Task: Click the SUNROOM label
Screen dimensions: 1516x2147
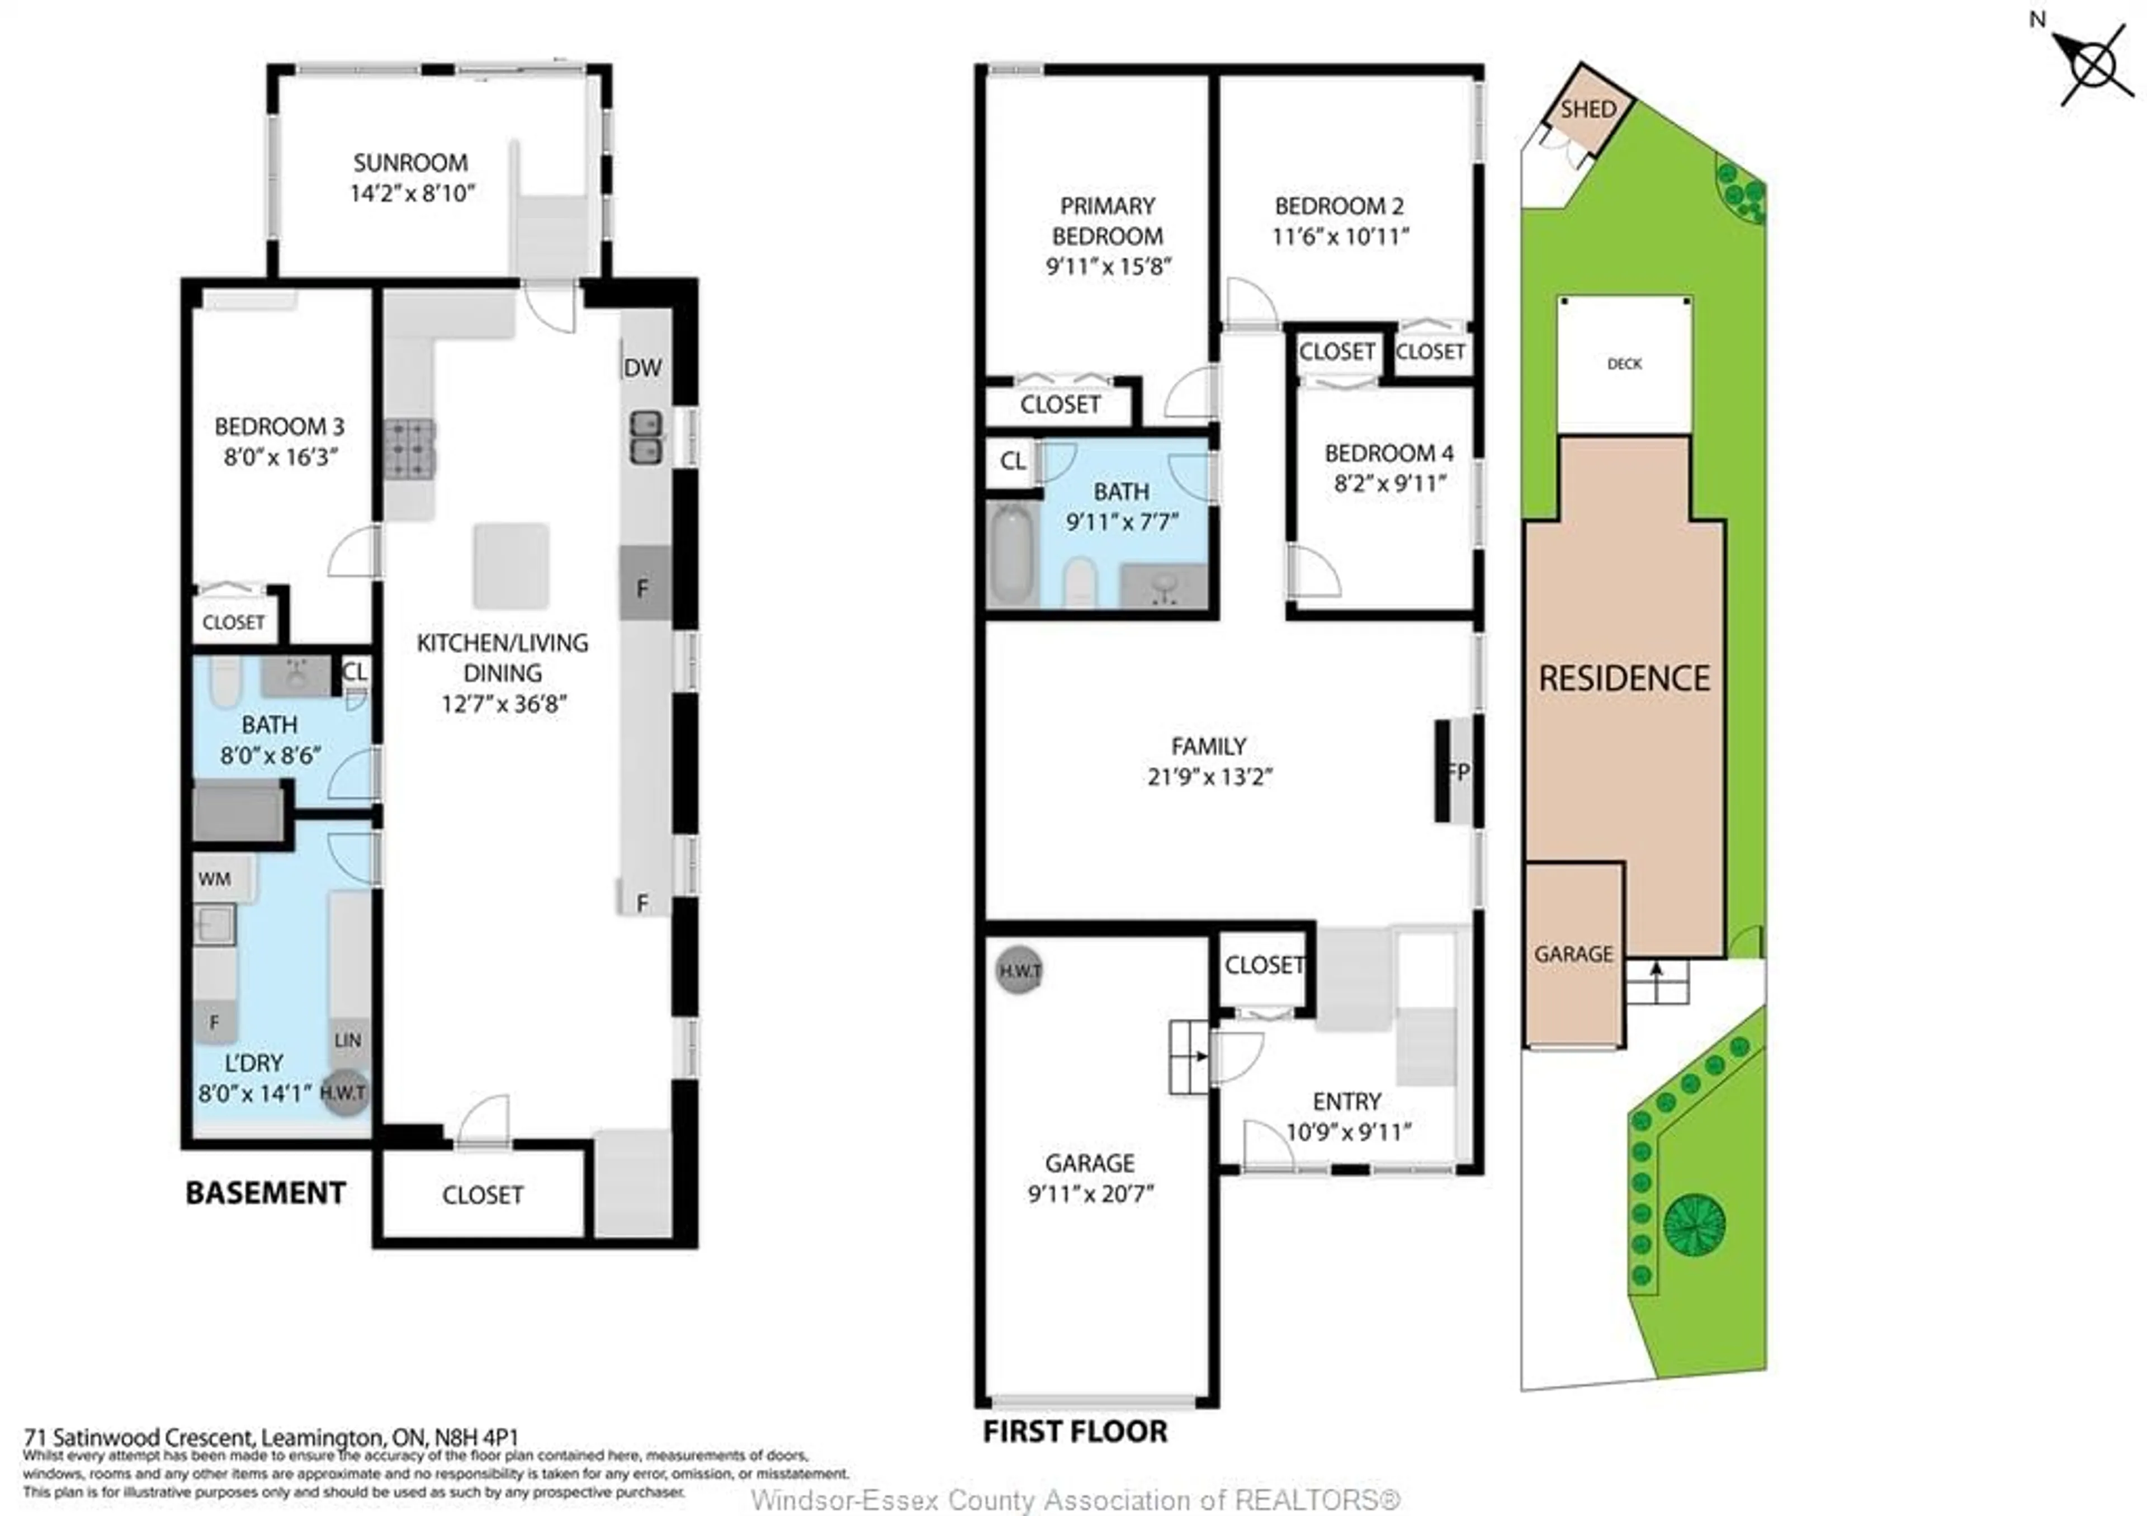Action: click(x=410, y=163)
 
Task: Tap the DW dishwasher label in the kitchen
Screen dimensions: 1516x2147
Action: click(x=642, y=367)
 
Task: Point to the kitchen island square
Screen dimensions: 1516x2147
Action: click(x=510, y=566)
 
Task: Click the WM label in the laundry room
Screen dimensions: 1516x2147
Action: click(x=214, y=879)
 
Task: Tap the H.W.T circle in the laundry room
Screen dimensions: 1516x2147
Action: click(x=344, y=1092)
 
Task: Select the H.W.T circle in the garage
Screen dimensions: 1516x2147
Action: click(x=1019, y=971)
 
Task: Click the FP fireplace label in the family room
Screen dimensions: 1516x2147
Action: click(x=1457, y=772)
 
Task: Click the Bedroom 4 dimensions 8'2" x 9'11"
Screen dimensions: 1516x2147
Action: click(x=1389, y=484)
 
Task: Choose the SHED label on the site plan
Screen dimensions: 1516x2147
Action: click(x=1588, y=110)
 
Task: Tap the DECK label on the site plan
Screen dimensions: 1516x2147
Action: click(x=1624, y=364)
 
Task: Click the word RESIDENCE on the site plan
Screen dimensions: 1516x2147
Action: click(x=1624, y=678)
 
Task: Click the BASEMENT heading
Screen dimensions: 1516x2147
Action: click(x=266, y=1193)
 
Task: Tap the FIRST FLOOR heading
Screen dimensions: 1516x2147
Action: click(x=1075, y=1432)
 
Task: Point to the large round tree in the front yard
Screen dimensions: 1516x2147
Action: click(x=1695, y=1224)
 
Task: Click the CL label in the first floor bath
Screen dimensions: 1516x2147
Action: click(x=1012, y=461)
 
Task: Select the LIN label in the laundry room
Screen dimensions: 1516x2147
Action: click(x=348, y=1040)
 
